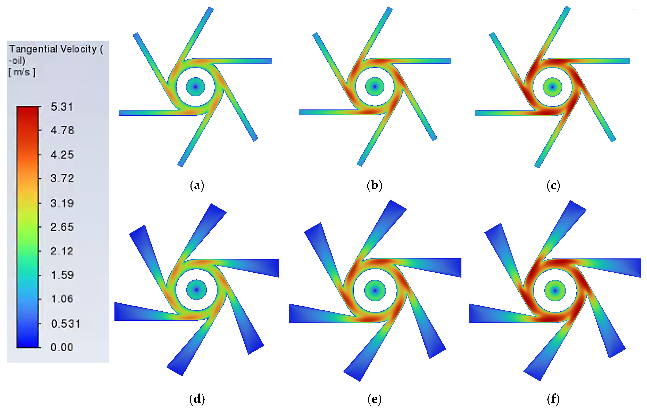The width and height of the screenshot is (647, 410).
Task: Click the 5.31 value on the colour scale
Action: click(62, 107)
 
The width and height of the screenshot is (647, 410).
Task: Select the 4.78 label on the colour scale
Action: click(62, 131)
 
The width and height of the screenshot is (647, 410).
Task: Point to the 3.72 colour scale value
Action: click(62, 179)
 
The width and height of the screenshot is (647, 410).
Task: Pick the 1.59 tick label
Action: click(62, 275)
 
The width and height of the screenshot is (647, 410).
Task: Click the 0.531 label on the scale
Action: click(65, 324)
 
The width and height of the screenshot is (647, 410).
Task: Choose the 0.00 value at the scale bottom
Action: click(62, 348)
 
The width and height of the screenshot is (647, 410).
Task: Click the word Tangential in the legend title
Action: click(33, 49)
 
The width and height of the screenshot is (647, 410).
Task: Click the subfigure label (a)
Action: click(197, 186)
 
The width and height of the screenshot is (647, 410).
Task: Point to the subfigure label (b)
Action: click(374, 186)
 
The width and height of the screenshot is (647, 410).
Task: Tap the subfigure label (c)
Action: click(553, 186)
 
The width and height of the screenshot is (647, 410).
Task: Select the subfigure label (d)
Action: click(197, 399)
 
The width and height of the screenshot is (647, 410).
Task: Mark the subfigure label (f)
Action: click(553, 399)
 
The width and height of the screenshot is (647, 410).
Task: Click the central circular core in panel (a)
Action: click(196, 87)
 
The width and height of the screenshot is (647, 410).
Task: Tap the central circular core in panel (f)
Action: click(555, 290)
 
